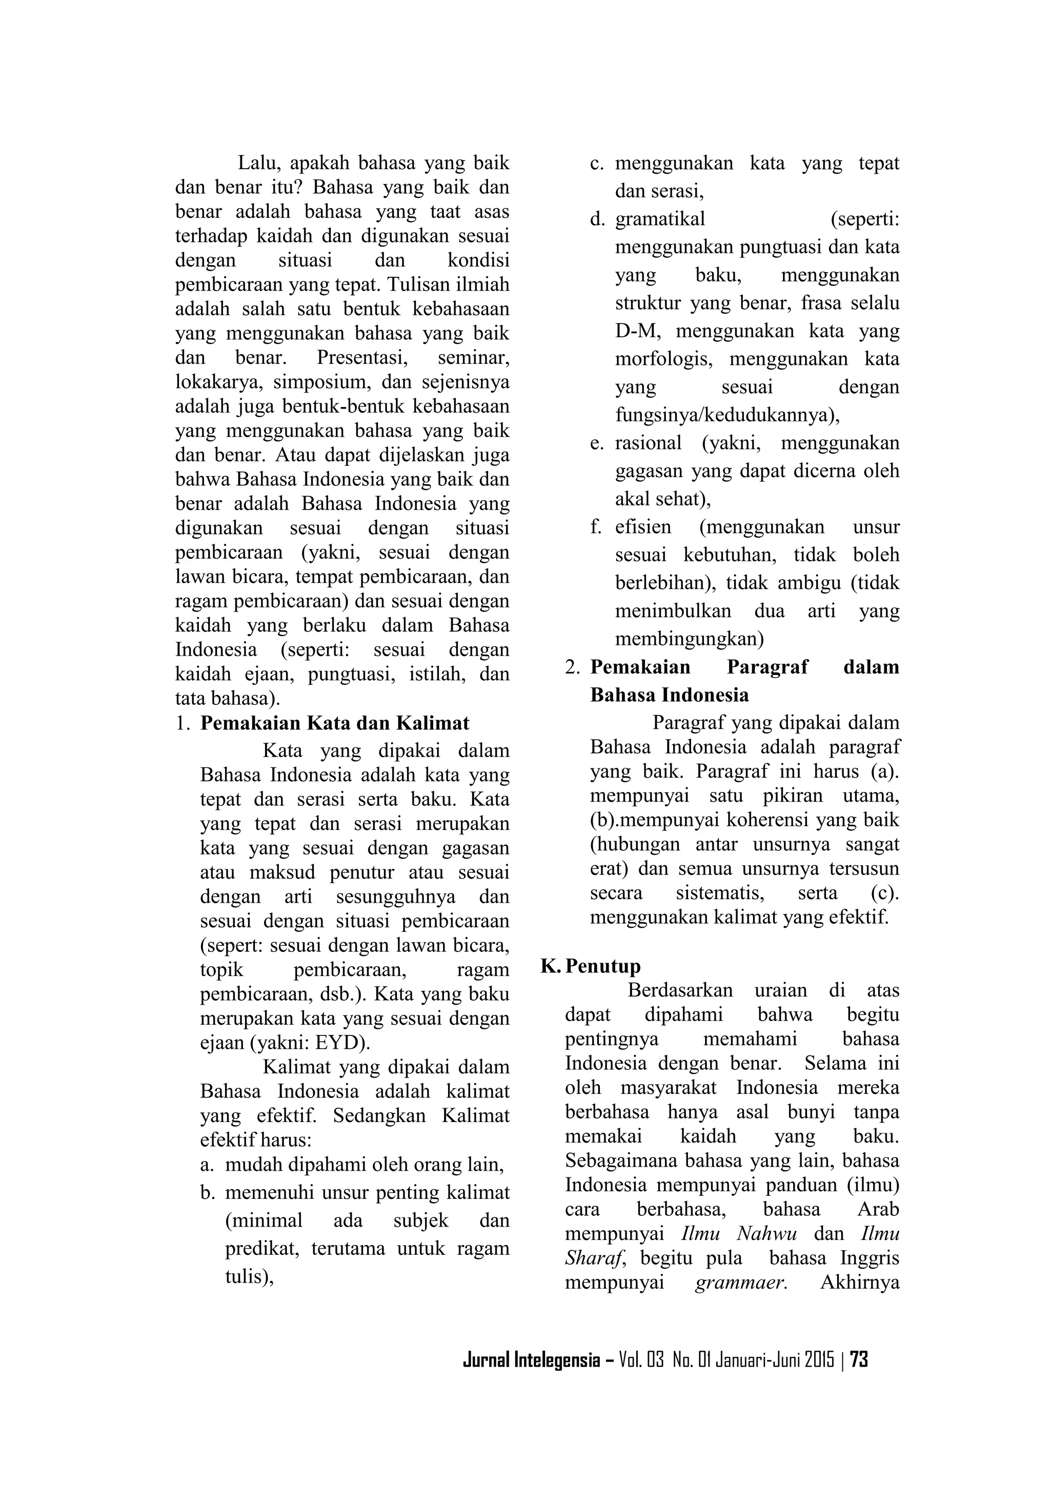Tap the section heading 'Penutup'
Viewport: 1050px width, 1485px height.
pyautogui.click(x=602, y=966)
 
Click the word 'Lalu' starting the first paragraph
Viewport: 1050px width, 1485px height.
pyautogui.click(x=255, y=162)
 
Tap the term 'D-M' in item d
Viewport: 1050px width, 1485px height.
pyautogui.click(x=637, y=331)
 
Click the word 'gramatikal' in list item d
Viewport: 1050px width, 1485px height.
pyautogui.click(x=660, y=219)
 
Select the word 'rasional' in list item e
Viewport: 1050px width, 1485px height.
pyautogui.click(x=648, y=443)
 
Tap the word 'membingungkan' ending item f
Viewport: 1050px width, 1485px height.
pyautogui.click(x=689, y=639)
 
